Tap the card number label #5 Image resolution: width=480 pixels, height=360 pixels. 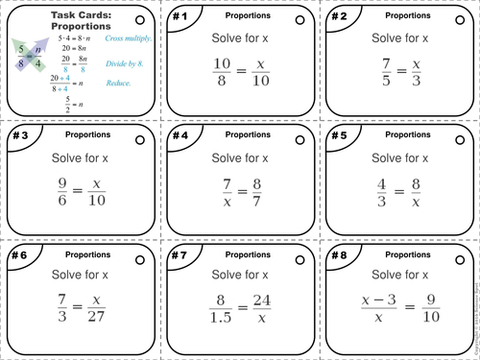338,136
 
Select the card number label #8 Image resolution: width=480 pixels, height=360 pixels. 338,256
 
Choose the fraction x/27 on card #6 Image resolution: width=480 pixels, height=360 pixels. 100,314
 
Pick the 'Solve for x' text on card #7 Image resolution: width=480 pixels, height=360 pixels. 239,276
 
